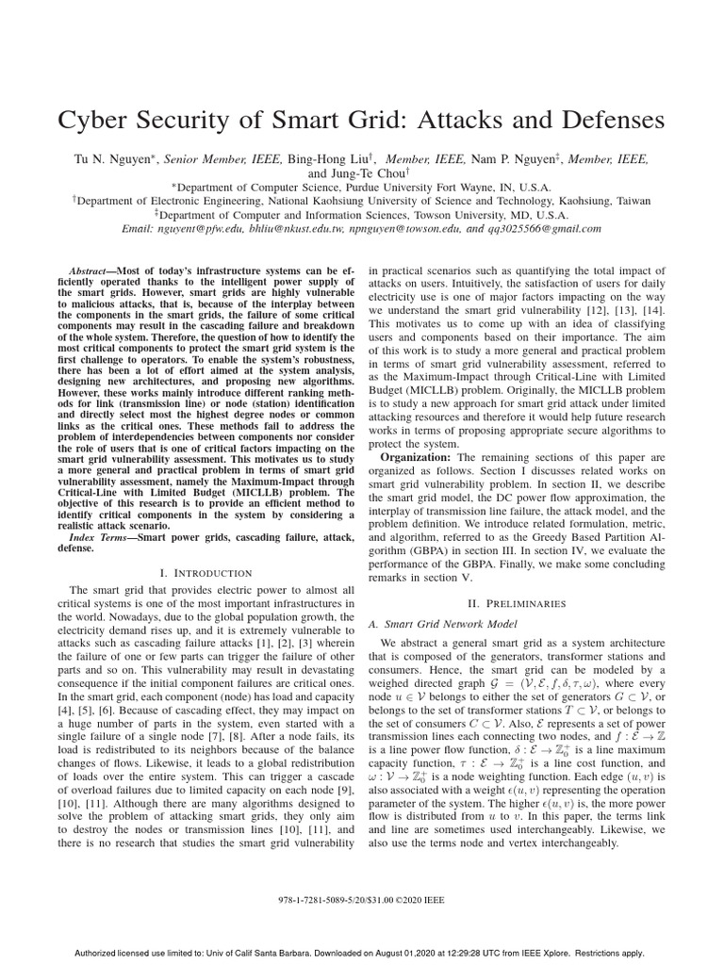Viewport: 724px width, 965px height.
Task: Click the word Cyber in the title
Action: click(x=94, y=122)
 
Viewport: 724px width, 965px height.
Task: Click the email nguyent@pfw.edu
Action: click(x=208, y=228)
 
